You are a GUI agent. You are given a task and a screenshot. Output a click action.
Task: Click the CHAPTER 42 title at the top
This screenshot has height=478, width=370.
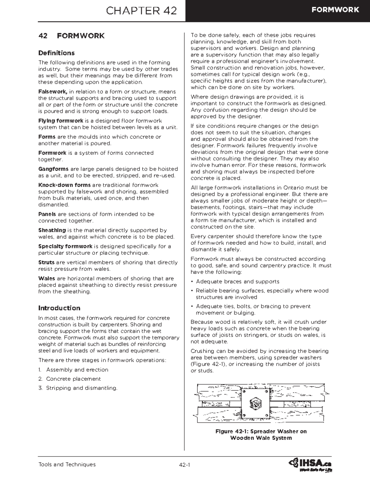tap(141, 11)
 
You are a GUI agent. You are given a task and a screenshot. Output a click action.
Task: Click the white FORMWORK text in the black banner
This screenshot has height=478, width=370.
tap(335, 10)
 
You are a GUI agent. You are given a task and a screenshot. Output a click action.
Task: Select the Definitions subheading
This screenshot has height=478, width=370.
tap(56, 53)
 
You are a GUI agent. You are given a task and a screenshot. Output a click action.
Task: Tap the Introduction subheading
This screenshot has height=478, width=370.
tap(59, 308)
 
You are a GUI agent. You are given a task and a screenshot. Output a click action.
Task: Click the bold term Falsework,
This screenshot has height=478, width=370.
tap(53, 92)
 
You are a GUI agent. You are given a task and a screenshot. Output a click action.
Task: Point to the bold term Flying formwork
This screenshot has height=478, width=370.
tap(61, 121)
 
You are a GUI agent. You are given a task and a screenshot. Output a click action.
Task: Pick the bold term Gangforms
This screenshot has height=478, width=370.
tap(53, 169)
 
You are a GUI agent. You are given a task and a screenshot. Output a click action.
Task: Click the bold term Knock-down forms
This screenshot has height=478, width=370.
tap(64, 185)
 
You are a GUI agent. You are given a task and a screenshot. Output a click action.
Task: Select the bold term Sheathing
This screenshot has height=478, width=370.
tap(52, 230)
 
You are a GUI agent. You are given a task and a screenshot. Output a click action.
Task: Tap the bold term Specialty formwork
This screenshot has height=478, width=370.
tap(65, 246)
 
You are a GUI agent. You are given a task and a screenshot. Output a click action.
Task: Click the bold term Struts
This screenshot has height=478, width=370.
tap(46, 263)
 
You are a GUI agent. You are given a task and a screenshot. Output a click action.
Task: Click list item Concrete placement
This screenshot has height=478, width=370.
tap(73, 379)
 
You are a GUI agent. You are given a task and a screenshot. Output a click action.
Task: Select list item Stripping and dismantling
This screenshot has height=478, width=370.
tap(82, 388)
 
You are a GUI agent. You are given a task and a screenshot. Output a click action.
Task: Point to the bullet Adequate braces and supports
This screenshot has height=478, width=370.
tap(237, 282)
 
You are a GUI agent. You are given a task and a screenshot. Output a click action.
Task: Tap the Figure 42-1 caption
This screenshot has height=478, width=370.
tap(261, 435)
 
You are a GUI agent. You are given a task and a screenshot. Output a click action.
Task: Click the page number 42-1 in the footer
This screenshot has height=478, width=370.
tap(184, 465)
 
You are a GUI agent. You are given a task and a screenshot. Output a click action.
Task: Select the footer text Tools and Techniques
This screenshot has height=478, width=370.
tap(67, 464)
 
